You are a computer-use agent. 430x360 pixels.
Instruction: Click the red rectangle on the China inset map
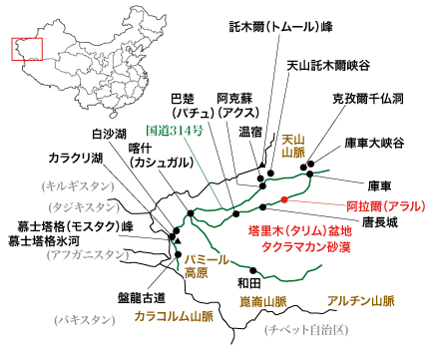[23, 49]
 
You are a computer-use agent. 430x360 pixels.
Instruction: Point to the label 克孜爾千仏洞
[368, 100]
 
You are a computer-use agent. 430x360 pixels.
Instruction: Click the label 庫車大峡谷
[374, 143]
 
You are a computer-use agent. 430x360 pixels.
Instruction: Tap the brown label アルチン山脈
[360, 299]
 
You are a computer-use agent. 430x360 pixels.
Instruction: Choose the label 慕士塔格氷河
[49, 240]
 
